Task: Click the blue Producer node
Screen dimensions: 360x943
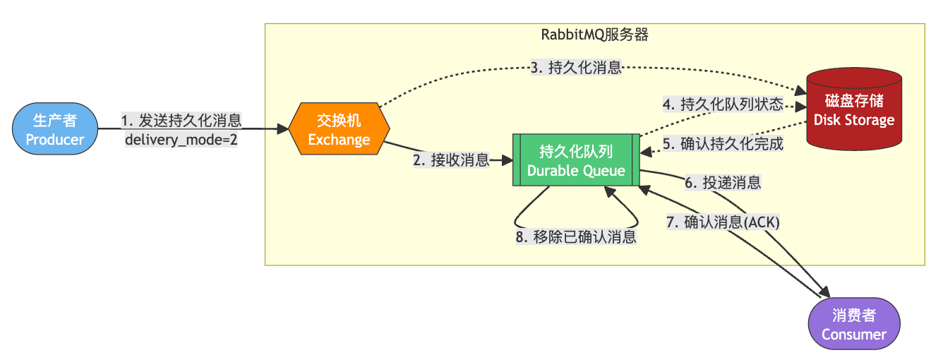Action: point(55,130)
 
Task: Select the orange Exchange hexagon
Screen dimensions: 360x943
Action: point(339,130)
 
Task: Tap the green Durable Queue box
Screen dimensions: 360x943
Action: point(576,161)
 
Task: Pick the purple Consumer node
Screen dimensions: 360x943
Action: point(853,325)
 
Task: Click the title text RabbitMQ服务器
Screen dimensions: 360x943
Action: point(594,34)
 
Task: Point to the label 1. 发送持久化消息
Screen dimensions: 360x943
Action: point(181,120)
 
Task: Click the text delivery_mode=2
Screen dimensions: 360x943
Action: point(181,138)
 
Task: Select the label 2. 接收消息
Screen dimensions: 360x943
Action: point(451,160)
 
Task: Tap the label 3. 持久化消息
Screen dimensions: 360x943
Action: point(576,68)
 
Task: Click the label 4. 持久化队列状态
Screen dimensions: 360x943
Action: point(722,105)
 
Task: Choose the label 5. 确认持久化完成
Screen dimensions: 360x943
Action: point(722,144)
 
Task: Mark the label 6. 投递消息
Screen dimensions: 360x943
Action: point(723,183)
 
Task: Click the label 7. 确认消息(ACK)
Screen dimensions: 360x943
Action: point(723,222)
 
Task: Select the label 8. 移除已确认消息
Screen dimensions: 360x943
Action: point(576,237)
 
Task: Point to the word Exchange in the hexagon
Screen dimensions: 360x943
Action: point(339,139)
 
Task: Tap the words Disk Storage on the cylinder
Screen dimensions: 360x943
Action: point(854,119)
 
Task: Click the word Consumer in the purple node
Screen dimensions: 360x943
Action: point(853,334)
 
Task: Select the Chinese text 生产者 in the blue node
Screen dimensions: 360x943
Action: point(55,121)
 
